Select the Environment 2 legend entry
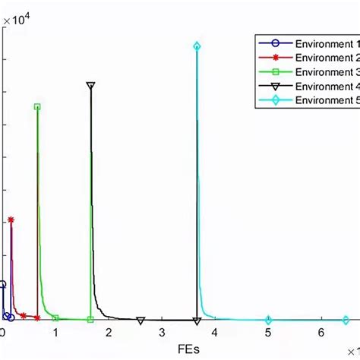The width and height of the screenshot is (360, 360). (327, 58)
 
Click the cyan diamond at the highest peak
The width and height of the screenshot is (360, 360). (197, 46)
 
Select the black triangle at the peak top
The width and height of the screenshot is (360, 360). (90, 86)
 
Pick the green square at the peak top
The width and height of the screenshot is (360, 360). (37, 107)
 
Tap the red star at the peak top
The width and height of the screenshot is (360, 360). (11, 219)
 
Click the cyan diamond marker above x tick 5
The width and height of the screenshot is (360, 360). (268, 319)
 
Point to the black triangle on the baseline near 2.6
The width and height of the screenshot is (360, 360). (141, 320)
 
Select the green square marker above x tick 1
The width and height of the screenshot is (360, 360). (55, 318)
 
